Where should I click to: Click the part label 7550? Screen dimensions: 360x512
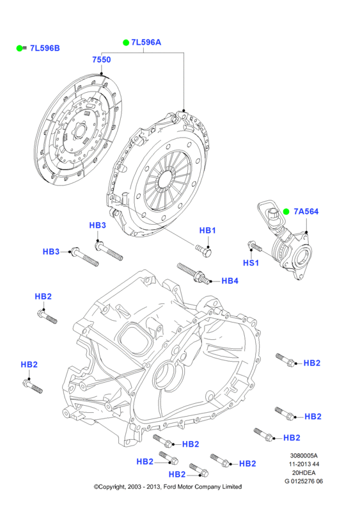[x=102, y=60]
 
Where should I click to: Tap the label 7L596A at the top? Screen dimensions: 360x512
[x=146, y=42]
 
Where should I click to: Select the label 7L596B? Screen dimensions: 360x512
[x=45, y=48]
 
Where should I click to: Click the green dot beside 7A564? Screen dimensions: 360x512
[x=286, y=212]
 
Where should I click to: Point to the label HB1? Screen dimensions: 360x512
[x=208, y=230]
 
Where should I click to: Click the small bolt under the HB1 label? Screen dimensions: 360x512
[x=203, y=251]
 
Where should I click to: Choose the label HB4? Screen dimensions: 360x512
[x=230, y=281]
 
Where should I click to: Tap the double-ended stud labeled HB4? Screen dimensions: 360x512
[x=192, y=274]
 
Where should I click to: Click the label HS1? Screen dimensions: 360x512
[x=251, y=263]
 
